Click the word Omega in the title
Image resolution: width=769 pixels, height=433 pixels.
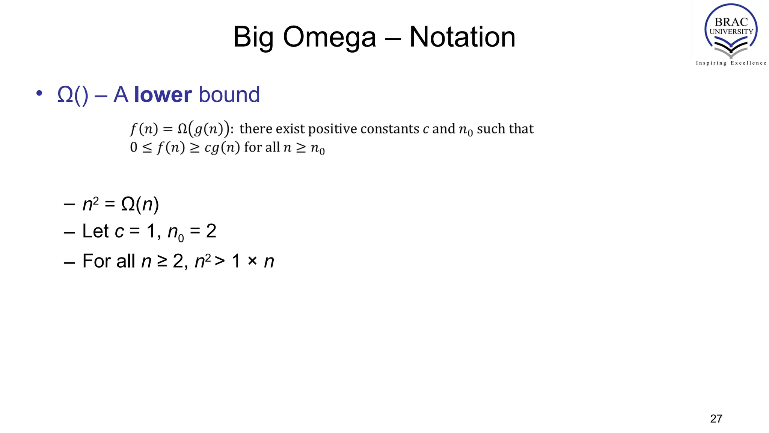(x=329, y=37)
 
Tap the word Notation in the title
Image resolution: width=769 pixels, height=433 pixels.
(x=462, y=37)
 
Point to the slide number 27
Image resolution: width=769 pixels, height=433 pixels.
(x=716, y=419)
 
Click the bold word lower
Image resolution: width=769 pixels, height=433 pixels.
(x=163, y=94)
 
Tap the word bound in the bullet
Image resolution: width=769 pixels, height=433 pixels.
(x=229, y=94)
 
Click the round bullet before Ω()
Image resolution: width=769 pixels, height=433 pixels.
(x=39, y=93)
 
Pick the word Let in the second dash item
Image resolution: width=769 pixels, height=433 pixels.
(x=95, y=231)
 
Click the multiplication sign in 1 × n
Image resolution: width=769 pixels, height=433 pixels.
(x=252, y=260)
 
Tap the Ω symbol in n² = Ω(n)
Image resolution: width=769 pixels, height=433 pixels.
(x=128, y=204)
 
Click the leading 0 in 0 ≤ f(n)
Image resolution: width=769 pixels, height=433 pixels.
(x=134, y=147)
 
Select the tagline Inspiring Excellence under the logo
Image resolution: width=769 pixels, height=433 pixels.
(x=731, y=63)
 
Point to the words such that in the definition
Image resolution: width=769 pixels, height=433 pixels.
(x=505, y=129)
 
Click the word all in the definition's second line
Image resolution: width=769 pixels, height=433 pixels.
(x=273, y=147)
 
